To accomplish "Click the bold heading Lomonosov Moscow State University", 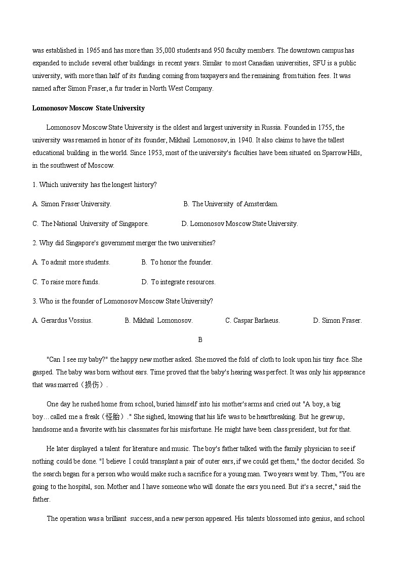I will [x=88, y=108].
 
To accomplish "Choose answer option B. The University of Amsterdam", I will [x=231, y=204].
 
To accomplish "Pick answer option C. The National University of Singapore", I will [x=91, y=223].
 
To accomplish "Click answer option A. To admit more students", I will [x=71, y=262].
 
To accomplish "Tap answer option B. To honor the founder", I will [x=177, y=262].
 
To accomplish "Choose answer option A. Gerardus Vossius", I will [x=62, y=320].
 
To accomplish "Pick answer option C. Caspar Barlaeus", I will [x=252, y=320].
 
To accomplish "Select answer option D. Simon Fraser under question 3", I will [x=337, y=320].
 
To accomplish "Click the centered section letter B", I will [x=200, y=340].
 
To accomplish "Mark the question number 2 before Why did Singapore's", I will [x=34, y=243].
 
